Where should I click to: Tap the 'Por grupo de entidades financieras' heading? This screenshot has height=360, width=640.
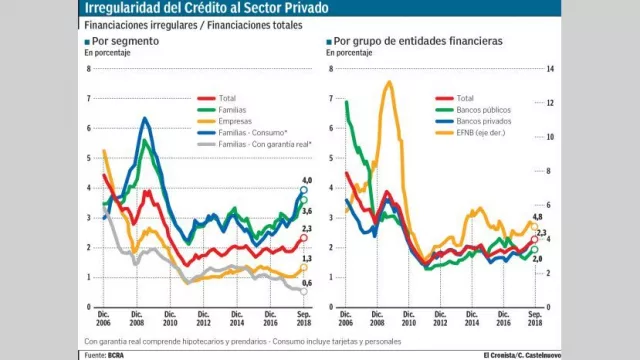(x=418, y=43)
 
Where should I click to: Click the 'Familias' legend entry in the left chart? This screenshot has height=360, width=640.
(x=232, y=109)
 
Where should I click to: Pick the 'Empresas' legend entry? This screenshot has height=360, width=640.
(x=233, y=121)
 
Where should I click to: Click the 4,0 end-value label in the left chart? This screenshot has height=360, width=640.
(x=308, y=179)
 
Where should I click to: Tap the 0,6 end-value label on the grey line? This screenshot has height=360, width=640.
(x=308, y=283)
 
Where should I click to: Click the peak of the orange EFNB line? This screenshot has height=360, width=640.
(x=388, y=82)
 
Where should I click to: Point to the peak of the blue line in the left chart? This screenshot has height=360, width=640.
(x=146, y=119)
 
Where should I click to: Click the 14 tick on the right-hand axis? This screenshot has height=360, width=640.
(x=548, y=68)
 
